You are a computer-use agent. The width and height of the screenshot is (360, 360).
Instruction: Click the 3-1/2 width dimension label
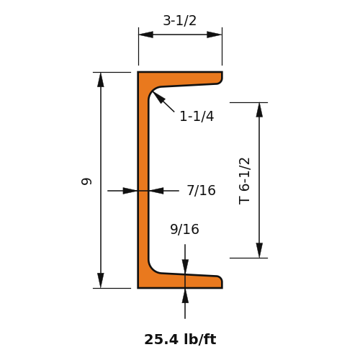(180, 20)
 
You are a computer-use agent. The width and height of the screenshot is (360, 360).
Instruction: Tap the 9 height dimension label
(86, 181)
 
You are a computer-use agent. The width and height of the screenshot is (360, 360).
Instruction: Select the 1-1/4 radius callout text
(197, 116)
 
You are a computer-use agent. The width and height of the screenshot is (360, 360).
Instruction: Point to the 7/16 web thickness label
(202, 190)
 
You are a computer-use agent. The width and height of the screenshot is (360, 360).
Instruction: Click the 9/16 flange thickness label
(184, 229)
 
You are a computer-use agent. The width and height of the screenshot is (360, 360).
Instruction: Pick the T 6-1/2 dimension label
(245, 181)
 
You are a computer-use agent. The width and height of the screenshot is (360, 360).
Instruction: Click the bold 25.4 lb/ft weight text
(180, 339)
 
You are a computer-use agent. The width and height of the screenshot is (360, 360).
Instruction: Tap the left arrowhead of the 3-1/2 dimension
(146, 35)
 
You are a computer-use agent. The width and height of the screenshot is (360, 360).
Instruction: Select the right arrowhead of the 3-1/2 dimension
(215, 35)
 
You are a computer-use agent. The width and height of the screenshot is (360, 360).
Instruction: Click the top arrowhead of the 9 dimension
(101, 79)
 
